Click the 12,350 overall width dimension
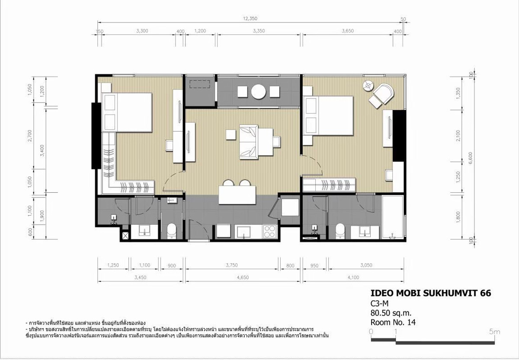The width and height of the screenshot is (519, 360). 250,18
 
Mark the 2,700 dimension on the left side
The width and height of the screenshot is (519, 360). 30,136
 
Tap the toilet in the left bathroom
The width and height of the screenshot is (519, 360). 172,230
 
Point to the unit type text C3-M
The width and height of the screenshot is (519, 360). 379,304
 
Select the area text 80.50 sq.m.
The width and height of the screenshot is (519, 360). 390,313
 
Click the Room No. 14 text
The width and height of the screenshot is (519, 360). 393,322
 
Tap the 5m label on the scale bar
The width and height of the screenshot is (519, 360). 494,331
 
